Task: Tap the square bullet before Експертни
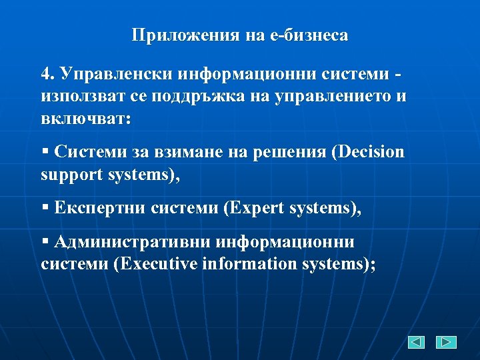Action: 45,208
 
